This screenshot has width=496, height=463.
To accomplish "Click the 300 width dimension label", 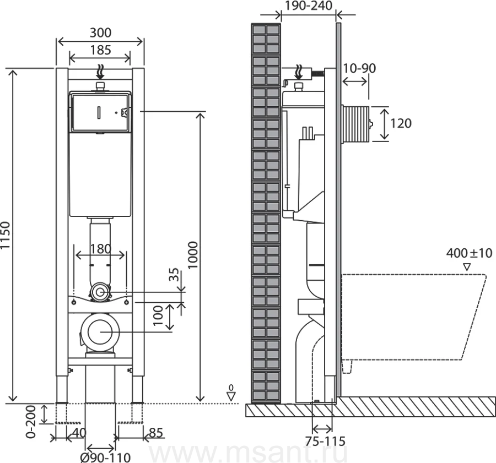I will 100,32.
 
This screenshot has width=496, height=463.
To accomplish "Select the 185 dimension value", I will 100,50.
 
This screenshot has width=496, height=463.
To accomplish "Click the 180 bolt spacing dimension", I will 100,248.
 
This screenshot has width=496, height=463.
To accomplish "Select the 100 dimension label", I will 158,317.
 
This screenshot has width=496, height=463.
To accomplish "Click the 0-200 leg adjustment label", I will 31,422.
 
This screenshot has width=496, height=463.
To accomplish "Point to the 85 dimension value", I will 156,433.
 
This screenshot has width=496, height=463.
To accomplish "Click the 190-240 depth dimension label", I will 308,6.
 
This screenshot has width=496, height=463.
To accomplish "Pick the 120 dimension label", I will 400,123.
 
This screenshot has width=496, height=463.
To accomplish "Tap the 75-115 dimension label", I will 326,441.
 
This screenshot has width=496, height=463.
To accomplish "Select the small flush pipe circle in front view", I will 99,292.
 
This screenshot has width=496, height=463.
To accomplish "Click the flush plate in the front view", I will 100,113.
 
